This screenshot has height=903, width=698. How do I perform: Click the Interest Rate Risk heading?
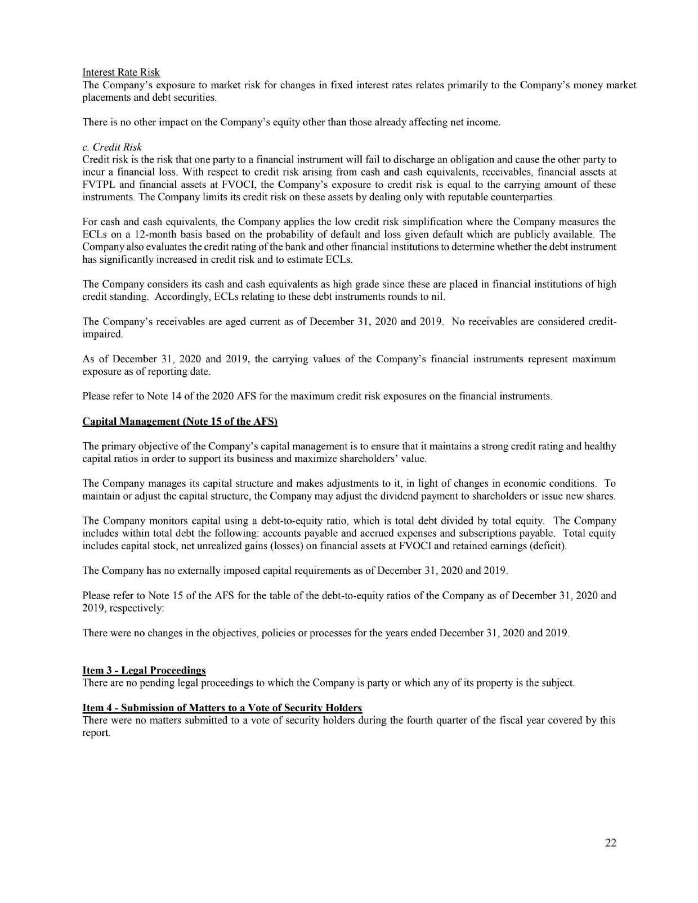point(121,72)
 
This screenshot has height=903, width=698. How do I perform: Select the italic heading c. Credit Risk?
point(112,147)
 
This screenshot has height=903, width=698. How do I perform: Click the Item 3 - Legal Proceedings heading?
point(144,670)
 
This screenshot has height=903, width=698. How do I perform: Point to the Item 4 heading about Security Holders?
point(222,707)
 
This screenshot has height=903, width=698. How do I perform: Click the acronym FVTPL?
point(97,185)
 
